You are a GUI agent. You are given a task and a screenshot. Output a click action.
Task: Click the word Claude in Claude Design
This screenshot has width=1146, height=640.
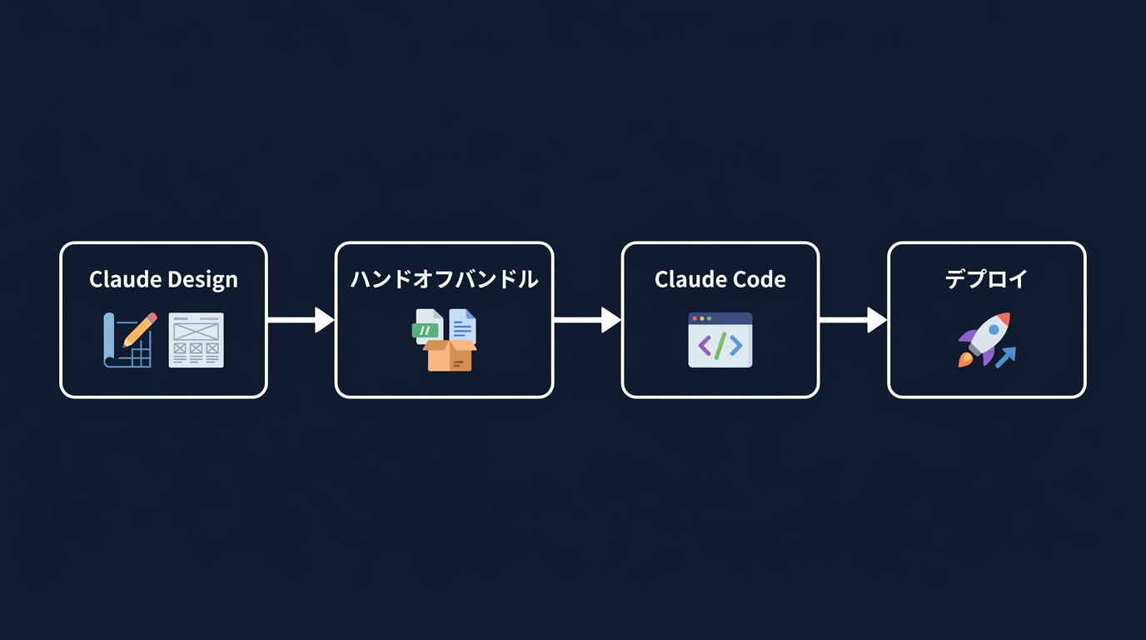click(126, 279)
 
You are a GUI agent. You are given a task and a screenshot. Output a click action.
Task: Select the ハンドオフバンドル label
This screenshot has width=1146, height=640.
click(444, 279)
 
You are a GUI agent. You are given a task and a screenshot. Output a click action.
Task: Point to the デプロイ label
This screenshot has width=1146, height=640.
click(986, 279)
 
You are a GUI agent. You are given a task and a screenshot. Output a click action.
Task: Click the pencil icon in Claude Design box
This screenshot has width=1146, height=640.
click(138, 331)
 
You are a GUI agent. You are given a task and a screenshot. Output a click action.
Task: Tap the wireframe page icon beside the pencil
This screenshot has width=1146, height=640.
click(196, 340)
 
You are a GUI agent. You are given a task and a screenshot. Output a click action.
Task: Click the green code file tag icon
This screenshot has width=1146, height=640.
click(425, 330)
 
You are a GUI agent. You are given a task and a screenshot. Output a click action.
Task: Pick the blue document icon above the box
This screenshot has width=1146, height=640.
click(462, 325)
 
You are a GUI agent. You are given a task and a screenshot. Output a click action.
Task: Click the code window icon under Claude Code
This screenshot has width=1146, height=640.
click(720, 340)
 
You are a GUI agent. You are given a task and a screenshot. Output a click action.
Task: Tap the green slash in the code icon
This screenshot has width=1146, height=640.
click(720, 345)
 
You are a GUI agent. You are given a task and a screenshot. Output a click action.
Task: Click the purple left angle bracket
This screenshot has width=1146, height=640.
click(704, 345)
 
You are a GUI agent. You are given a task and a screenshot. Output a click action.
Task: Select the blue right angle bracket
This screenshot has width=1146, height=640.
click(735, 345)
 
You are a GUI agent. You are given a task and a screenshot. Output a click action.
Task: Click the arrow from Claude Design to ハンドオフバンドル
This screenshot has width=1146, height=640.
click(300, 320)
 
